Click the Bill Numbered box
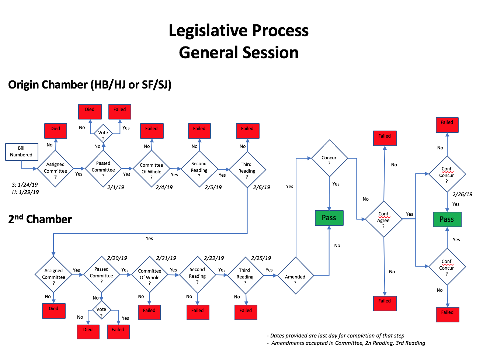(22, 152)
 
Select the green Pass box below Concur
(329, 218)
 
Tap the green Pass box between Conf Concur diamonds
(446, 219)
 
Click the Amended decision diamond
(295, 276)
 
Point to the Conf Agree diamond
(383, 219)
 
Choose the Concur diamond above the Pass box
(329, 158)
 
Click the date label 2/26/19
(462, 194)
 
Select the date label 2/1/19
(115, 187)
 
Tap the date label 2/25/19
(261, 258)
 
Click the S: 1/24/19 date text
(25, 185)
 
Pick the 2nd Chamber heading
(40, 219)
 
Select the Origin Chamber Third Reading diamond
(247, 170)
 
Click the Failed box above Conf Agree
(385, 138)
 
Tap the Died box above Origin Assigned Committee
(55, 131)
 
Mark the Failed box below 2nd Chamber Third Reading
(246, 312)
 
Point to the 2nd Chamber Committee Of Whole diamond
(149, 275)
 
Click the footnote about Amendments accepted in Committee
(348, 343)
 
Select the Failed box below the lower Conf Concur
(447, 314)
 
